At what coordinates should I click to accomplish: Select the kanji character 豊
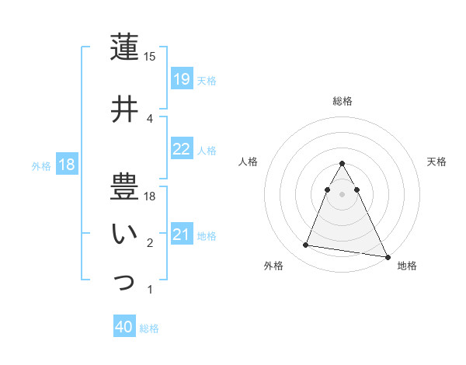[x=124, y=187]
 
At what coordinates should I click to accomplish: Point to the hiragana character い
[x=124, y=234]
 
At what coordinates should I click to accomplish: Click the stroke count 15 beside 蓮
[x=150, y=57]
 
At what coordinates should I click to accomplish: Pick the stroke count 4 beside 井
[x=150, y=119]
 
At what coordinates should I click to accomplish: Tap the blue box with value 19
[x=181, y=78]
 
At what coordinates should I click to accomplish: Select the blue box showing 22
[x=181, y=149]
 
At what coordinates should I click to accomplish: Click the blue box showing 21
[x=181, y=234]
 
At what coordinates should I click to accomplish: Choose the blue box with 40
[x=124, y=327]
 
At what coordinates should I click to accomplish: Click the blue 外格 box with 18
[x=66, y=164]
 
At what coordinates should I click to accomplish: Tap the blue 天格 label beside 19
[x=207, y=80]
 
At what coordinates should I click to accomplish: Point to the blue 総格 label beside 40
[x=149, y=328]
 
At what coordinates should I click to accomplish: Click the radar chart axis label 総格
[x=343, y=101]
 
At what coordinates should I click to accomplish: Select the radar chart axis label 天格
[x=437, y=162]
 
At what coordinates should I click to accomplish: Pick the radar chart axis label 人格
[x=249, y=162]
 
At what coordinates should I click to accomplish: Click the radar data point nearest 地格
[x=387, y=256]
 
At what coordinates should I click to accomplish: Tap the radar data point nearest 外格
[x=305, y=245]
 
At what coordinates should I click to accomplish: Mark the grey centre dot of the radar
[x=343, y=194]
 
